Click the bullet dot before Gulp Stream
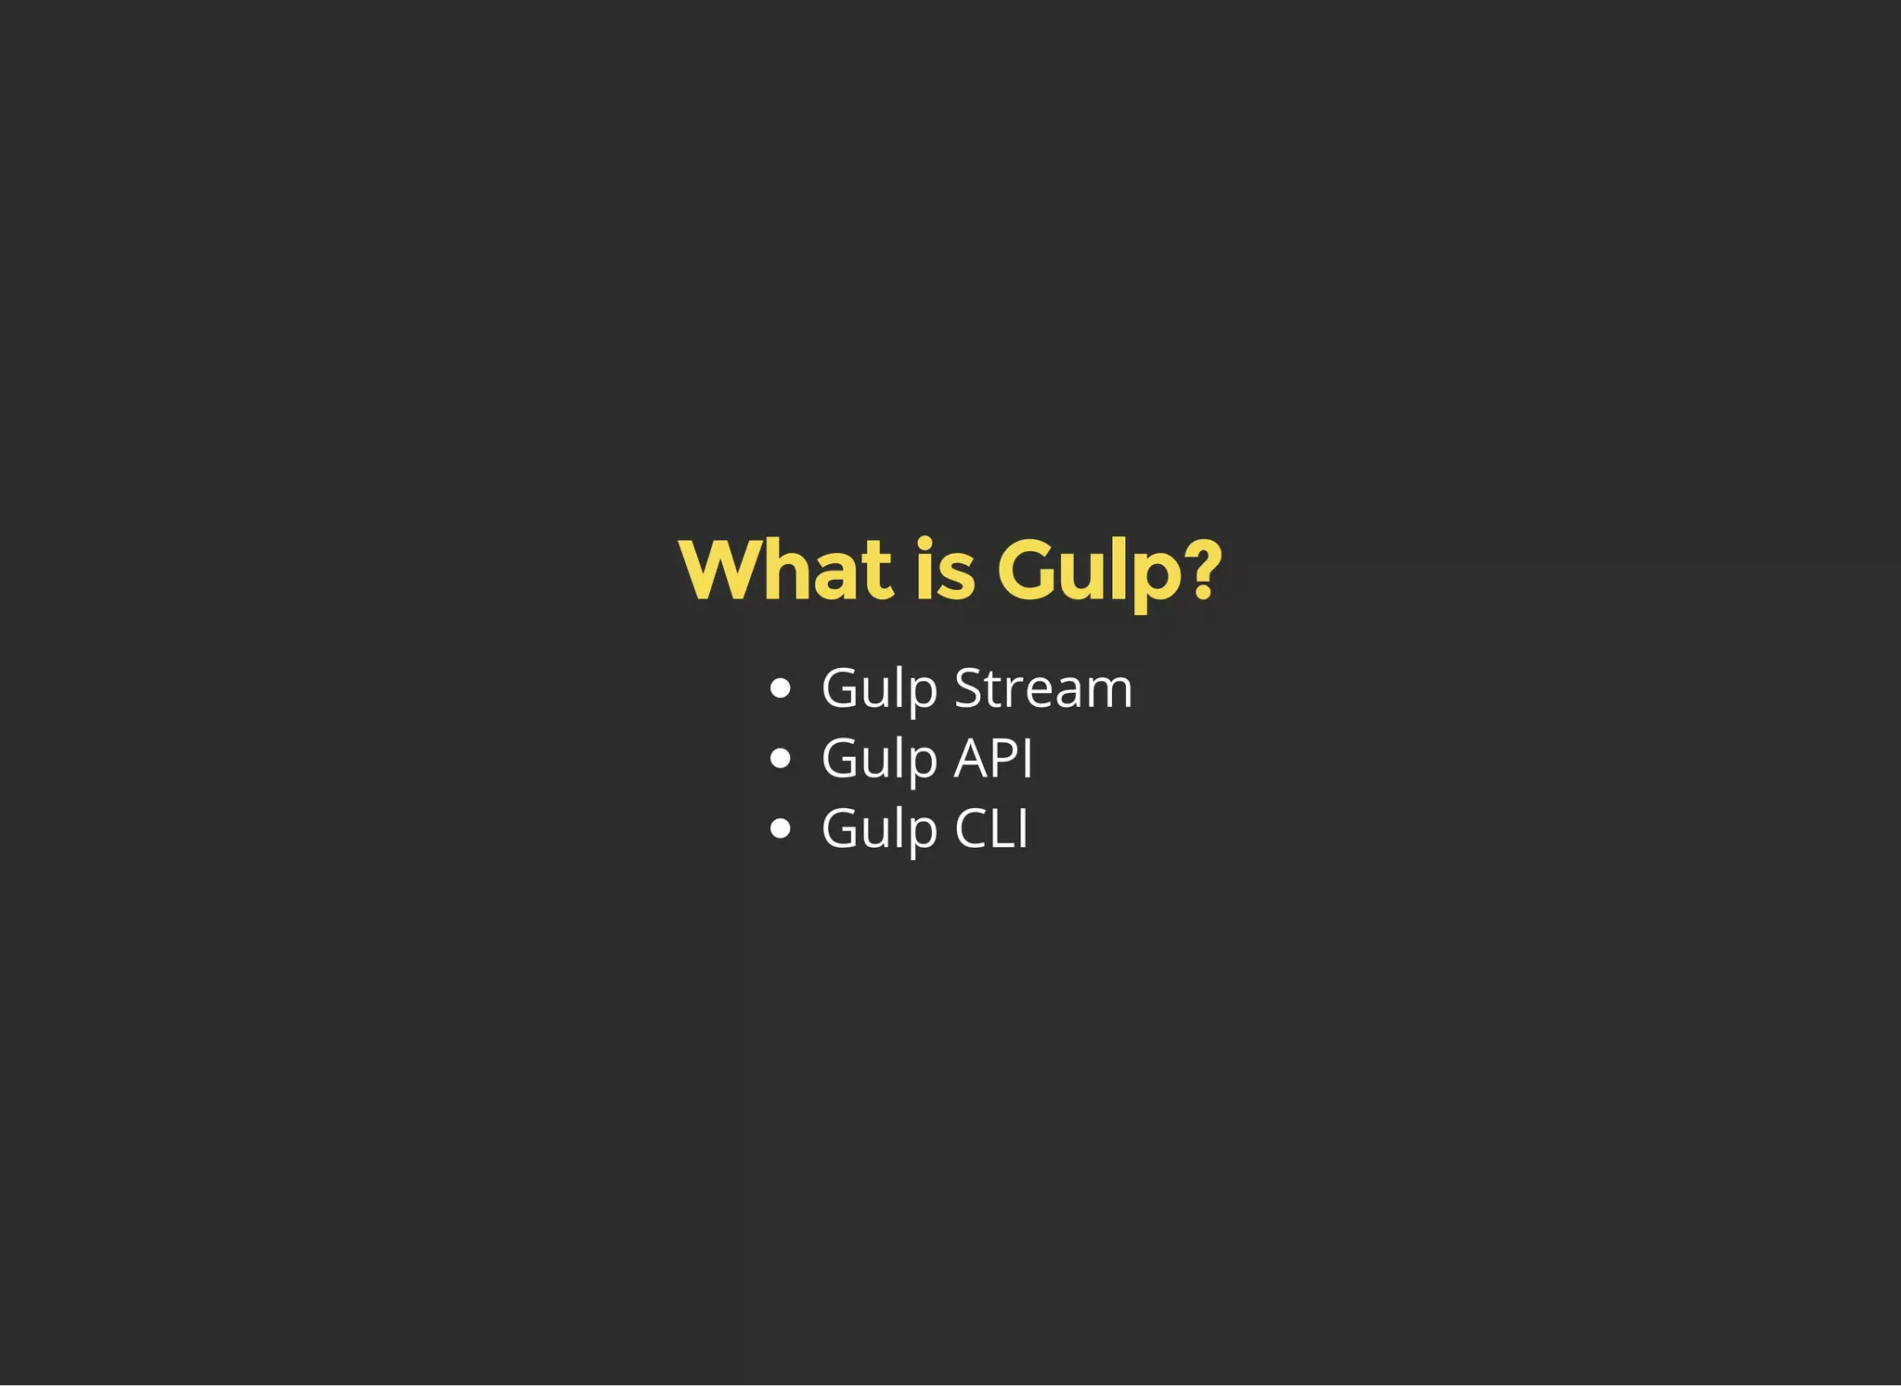781,688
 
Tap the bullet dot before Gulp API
781,759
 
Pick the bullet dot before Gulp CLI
781,828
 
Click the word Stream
1043,688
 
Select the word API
993,759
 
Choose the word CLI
991,828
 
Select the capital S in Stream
970,688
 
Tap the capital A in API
971,759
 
